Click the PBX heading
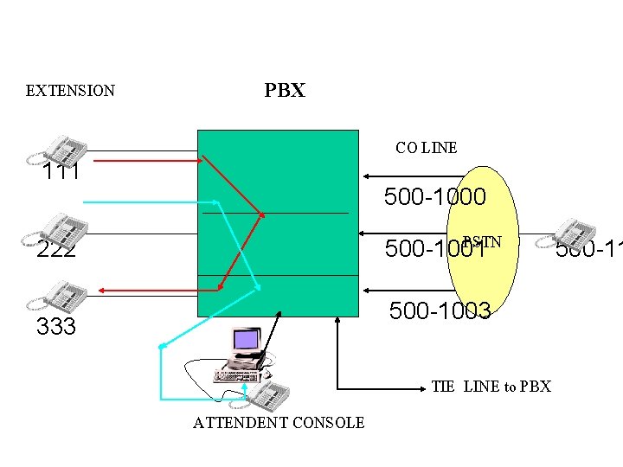(x=285, y=91)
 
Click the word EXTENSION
(x=70, y=91)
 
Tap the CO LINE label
(x=426, y=148)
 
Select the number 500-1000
(x=434, y=198)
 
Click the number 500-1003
(x=440, y=310)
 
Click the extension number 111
(x=62, y=172)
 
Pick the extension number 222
(x=56, y=249)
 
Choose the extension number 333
(x=56, y=327)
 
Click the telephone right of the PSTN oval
(x=575, y=232)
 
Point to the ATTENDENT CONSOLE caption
(x=279, y=423)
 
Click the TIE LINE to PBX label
(x=491, y=387)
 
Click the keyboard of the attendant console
(x=239, y=375)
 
